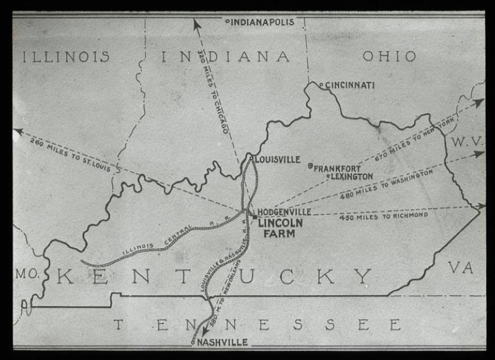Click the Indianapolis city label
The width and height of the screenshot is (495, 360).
(265, 22)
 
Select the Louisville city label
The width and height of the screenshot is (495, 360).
(277, 160)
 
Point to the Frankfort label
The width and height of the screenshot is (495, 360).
(337, 168)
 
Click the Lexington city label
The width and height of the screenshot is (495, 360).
(351, 176)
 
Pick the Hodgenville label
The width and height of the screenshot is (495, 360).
(284, 212)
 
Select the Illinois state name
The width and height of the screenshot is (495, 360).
(66, 57)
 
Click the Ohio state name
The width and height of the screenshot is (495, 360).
(389, 56)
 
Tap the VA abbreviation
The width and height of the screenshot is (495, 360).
(460, 267)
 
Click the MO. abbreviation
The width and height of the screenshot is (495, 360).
(27, 273)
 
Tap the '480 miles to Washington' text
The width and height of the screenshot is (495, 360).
(386, 186)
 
